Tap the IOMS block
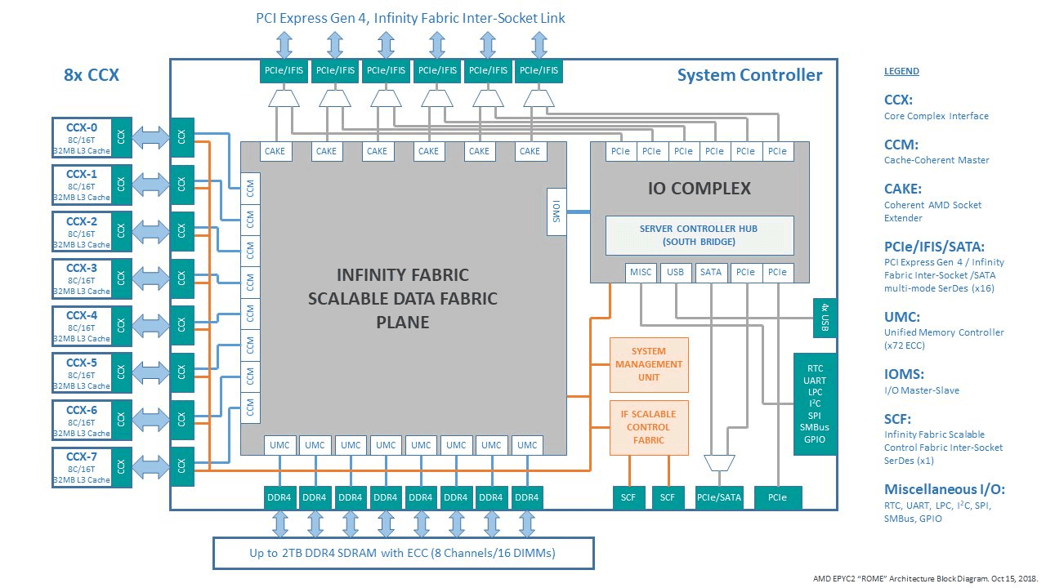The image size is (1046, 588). click(556, 211)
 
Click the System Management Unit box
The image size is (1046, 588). click(649, 364)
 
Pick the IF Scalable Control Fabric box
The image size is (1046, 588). click(649, 427)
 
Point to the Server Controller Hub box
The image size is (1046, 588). click(699, 235)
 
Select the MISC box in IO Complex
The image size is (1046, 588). click(641, 272)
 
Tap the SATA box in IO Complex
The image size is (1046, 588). click(711, 272)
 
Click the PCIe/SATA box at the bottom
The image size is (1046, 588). click(719, 497)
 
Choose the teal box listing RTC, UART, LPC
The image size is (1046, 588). click(815, 404)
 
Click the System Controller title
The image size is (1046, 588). click(749, 76)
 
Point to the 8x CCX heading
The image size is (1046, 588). click(92, 75)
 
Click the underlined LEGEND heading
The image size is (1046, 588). click(901, 71)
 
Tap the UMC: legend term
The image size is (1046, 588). click(902, 316)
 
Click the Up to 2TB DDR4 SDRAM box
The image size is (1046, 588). click(402, 553)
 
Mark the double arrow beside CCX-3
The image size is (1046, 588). click(151, 278)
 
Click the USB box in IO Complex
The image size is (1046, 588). click(676, 272)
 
